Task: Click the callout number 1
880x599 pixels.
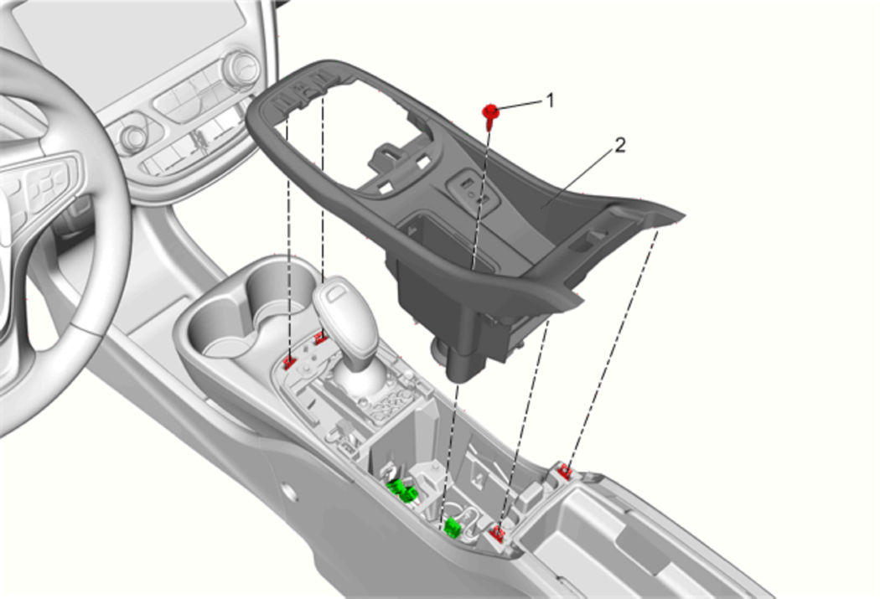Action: [x=550, y=101]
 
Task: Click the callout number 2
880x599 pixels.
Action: [x=619, y=146]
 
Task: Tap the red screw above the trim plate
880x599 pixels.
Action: [x=490, y=112]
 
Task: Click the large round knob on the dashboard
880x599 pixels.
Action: [x=241, y=69]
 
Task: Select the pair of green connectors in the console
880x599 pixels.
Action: [x=401, y=491]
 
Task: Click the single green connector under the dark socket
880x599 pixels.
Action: [x=453, y=527]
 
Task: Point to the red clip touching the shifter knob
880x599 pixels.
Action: [x=320, y=338]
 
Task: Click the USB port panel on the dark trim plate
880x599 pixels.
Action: [x=473, y=191]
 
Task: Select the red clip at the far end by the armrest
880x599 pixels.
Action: [x=565, y=472]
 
